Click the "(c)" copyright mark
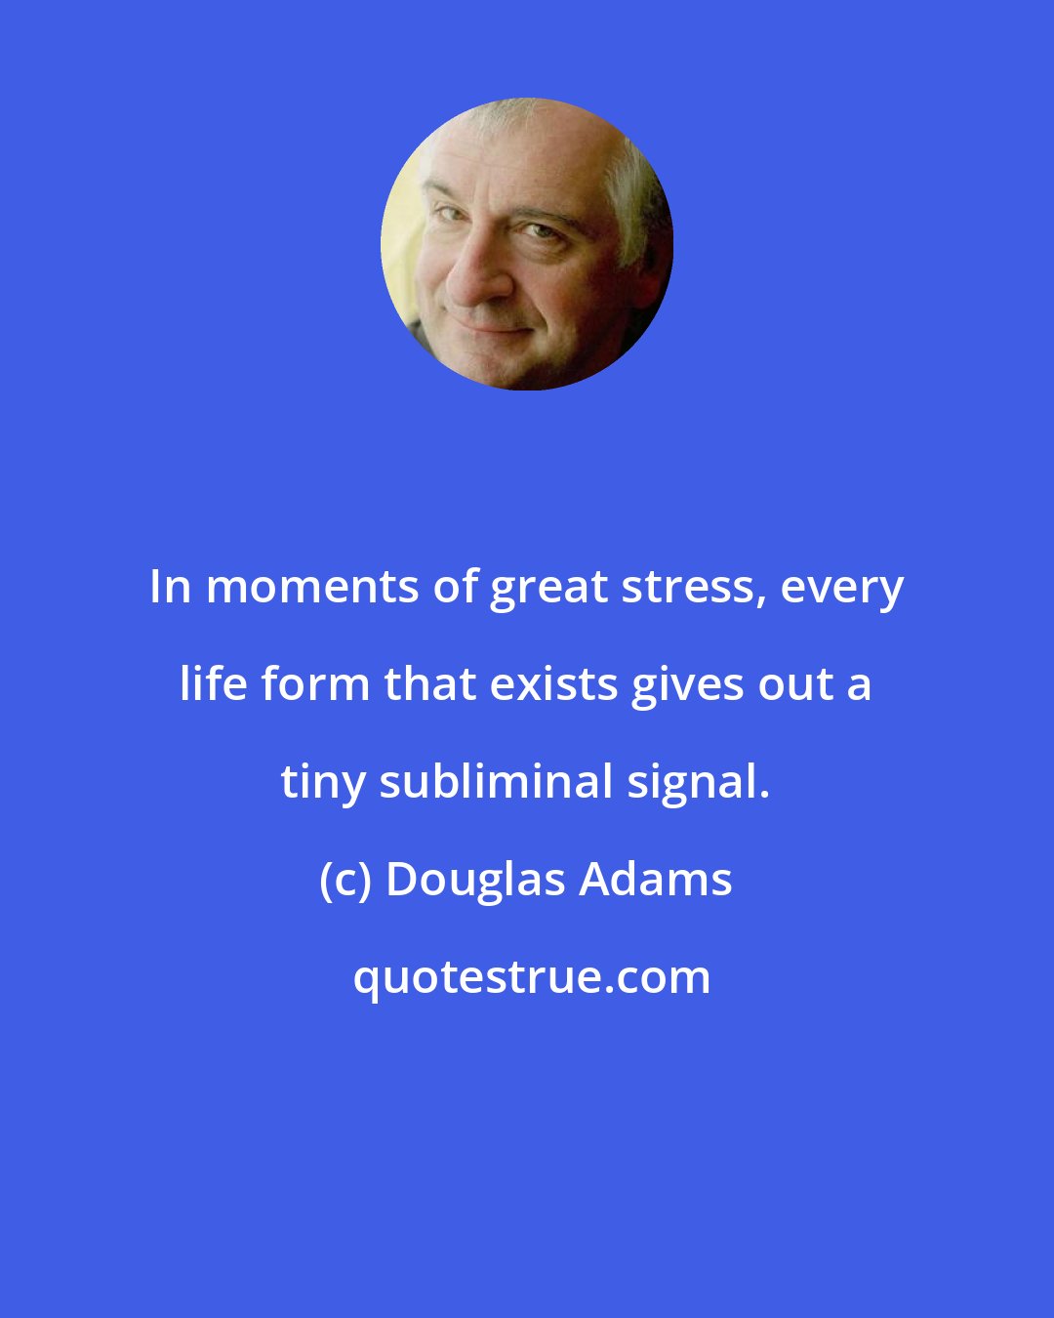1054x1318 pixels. coord(345,880)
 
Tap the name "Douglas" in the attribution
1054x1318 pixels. coord(475,880)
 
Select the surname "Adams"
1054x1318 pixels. coord(656,880)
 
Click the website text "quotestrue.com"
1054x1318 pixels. coord(531,977)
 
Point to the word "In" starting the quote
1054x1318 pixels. coord(171,588)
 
